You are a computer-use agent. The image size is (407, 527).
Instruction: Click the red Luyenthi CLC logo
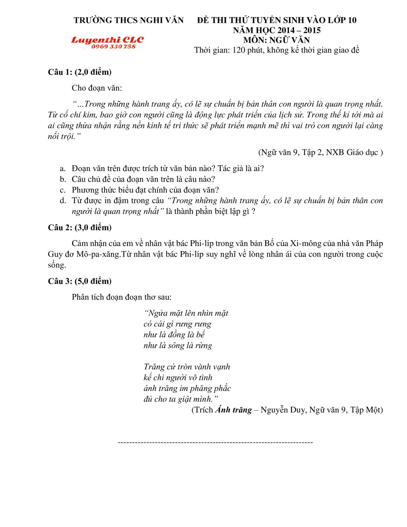[x=107, y=40]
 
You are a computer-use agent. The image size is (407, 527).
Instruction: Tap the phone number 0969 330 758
[x=113, y=46]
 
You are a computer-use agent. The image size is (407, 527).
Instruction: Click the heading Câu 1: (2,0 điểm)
[x=80, y=72]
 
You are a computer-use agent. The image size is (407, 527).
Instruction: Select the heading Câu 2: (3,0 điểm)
[x=80, y=227]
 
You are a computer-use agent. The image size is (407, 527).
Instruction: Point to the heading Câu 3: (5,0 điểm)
[x=80, y=281]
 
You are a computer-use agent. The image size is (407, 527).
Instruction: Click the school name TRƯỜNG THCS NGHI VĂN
[x=129, y=20]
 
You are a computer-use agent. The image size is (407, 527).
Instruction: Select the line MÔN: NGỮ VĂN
[x=276, y=40]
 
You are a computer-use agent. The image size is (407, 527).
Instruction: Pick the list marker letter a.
[x=62, y=169]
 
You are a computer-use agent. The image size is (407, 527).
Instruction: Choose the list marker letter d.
[x=62, y=201]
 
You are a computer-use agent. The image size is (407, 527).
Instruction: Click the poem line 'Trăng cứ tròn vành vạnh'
[x=187, y=367]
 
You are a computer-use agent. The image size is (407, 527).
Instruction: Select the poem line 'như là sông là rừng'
[x=177, y=345]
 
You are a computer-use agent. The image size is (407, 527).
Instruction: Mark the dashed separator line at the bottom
[x=215, y=442]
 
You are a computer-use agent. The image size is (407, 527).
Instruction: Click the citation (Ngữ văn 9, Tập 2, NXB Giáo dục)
[x=321, y=152]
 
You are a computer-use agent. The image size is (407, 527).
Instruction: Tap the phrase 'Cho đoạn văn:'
[x=97, y=88]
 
